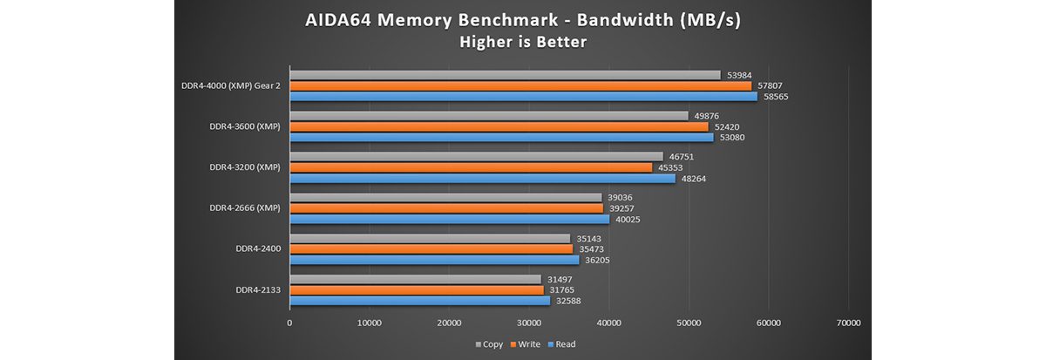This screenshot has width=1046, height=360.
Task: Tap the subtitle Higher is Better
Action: coord(523,41)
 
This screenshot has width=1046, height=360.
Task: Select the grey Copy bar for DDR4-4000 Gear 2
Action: coord(505,75)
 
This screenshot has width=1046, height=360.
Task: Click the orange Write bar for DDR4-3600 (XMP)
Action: coord(499,126)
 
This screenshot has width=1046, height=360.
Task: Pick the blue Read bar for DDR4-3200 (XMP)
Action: coord(482,179)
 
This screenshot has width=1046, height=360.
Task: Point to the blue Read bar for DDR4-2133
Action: coord(419,301)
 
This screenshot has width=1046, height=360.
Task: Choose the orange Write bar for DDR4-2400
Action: coord(431,249)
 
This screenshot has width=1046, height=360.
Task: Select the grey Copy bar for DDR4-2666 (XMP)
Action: coord(445,198)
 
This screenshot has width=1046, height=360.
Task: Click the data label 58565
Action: coord(777,97)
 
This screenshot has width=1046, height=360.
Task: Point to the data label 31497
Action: coord(560,280)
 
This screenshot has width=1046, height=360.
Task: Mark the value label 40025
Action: coord(628,220)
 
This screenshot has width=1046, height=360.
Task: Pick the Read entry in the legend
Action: coord(562,344)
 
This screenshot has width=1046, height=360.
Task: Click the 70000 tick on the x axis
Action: coord(847,323)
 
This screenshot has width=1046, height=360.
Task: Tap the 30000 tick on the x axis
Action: coord(529,323)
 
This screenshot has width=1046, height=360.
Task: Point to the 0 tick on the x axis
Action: coord(289,323)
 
